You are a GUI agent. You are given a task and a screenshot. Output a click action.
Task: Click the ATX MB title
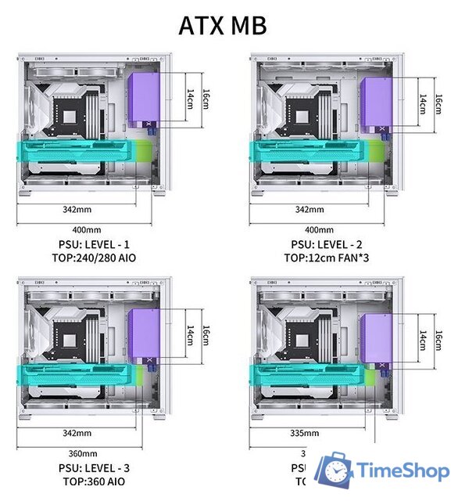[223, 24]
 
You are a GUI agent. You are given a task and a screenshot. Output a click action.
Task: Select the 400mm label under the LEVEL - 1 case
[86, 229]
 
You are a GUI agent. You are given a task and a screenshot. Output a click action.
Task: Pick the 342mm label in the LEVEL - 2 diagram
[310, 209]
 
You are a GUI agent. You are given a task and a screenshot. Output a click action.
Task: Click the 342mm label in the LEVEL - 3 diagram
[77, 433]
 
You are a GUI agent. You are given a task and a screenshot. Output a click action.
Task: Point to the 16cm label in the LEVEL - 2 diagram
[438, 103]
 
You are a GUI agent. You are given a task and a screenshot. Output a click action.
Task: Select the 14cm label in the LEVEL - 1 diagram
[190, 99]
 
